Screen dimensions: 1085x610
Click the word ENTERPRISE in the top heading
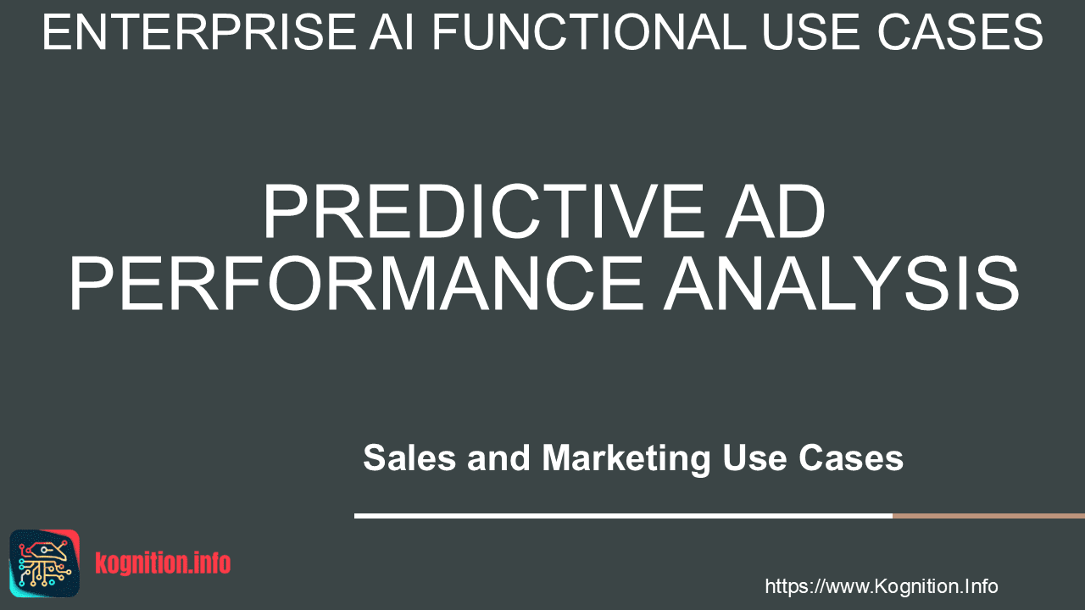199,32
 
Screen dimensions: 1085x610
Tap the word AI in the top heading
392,32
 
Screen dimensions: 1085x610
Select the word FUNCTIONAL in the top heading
589,32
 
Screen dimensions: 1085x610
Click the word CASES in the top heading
960,32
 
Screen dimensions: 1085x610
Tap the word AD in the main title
776,212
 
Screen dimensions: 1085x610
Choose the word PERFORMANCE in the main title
356,284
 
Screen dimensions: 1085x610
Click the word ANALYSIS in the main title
842,284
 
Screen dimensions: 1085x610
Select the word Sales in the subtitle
409,457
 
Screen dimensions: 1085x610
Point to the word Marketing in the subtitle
626,460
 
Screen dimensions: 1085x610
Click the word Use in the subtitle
754,457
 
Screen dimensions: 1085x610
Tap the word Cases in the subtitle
851,457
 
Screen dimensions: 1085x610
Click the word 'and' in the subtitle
498,457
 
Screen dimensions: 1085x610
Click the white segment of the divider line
623,516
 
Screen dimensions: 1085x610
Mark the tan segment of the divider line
988,516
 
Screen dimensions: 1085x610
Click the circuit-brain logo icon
45,563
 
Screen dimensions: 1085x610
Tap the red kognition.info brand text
163,563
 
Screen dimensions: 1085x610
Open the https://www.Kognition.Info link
881,586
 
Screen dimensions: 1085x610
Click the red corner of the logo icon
73,536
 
